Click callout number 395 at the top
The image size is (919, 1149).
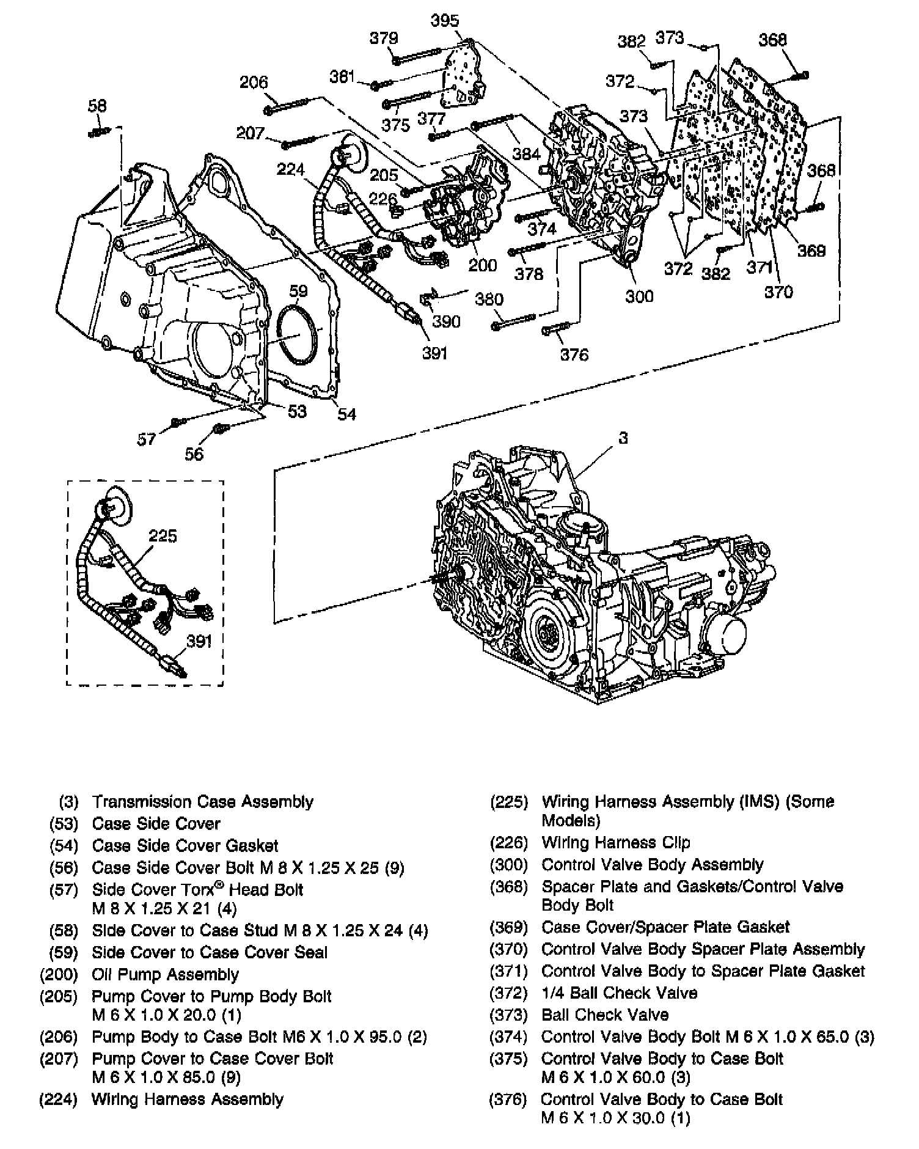pos(444,21)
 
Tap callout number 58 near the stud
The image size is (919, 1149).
pos(97,106)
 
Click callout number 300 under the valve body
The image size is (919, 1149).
pos(639,296)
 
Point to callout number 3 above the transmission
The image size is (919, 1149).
pos(623,438)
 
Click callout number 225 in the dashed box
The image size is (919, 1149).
pos(163,536)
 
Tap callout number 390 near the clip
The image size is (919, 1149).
pos(445,321)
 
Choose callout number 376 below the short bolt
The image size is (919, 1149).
pos(574,354)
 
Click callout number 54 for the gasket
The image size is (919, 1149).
pos(346,414)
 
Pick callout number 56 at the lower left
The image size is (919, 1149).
pos(194,453)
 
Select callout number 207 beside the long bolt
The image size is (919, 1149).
pos(251,133)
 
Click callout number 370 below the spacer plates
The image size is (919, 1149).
pos(778,292)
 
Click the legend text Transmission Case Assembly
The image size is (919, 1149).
pos(202,801)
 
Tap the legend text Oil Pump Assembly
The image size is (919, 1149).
pos(165,974)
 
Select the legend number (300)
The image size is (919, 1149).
pos(508,865)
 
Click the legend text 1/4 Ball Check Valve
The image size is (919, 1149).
pos(619,993)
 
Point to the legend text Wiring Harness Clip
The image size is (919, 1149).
pos(615,843)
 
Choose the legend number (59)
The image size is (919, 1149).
pos(64,952)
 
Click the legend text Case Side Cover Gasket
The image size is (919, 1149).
pos(185,845)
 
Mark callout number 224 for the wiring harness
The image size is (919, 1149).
pos(290,169)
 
